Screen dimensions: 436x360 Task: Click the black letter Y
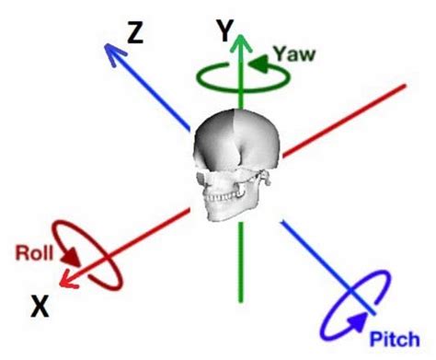pyautogui.click(x=224, y=33)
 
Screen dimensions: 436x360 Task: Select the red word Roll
pyautogui.click(x=32, y=250)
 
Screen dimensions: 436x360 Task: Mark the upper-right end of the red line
pyautogui.click(x=404, y=88)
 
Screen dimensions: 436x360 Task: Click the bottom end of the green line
pyautogui.click(x=241, y=300)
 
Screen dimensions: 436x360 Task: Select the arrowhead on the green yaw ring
pyautogui.click(x=257, y=64)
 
